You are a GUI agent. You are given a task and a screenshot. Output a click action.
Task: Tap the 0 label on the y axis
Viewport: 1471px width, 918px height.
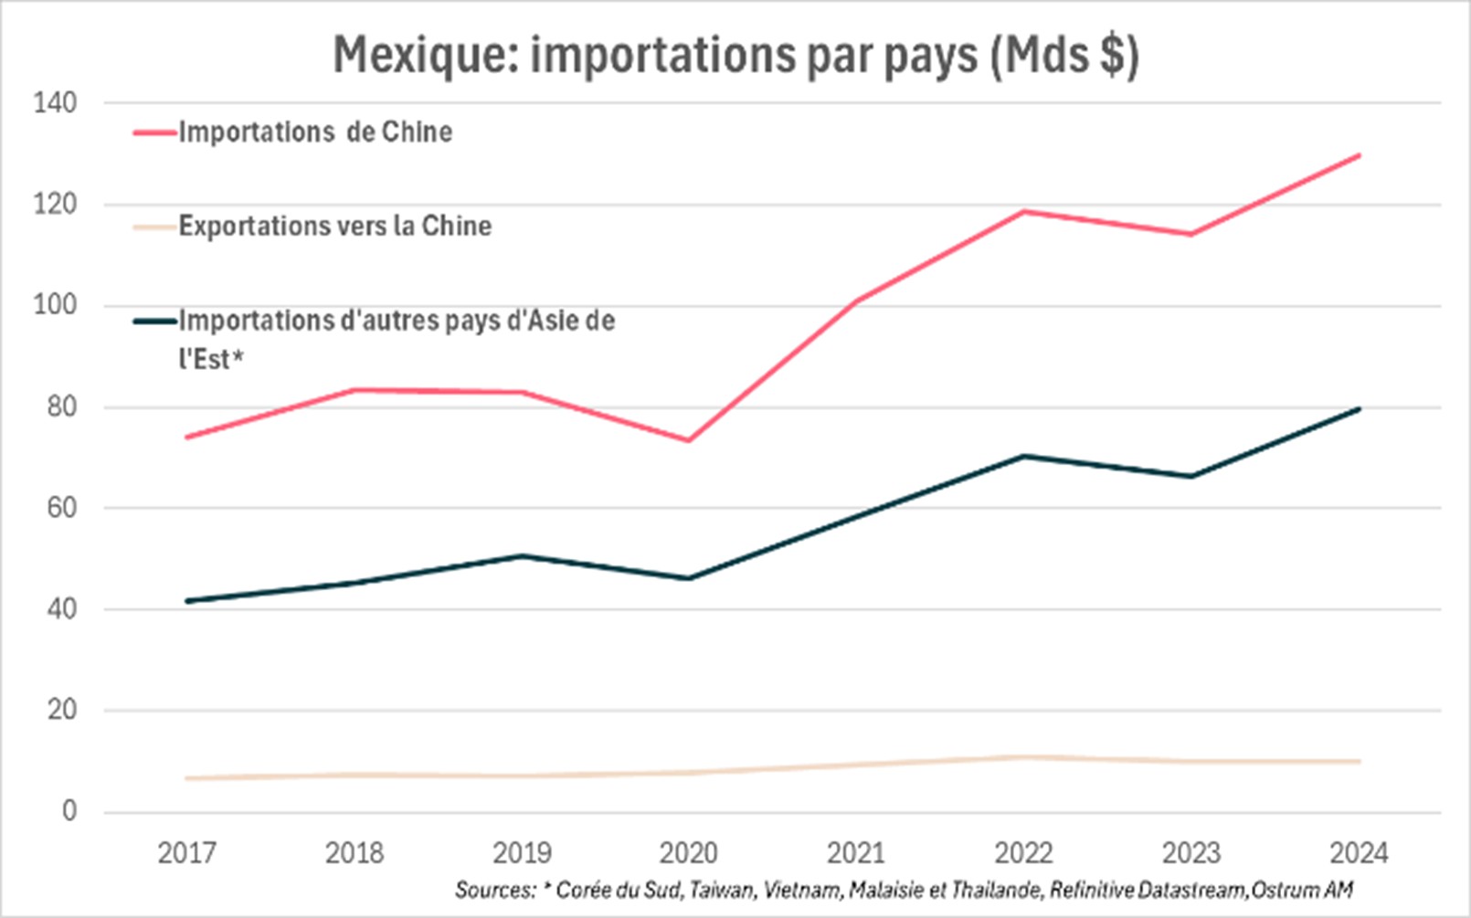tap(69, 811)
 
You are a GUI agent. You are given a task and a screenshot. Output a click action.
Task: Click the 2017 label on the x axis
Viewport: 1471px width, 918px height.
tap(186, 854)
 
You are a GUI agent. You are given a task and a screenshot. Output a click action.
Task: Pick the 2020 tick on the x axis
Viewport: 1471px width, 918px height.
tap(689, 854)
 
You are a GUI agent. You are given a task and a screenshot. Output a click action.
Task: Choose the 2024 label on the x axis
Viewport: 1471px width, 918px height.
tap(1359, 854)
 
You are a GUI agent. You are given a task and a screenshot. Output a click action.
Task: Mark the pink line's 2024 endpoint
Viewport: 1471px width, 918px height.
tap(1360, 155)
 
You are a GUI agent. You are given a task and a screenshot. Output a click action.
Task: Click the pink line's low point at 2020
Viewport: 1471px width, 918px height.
tap(689, 440)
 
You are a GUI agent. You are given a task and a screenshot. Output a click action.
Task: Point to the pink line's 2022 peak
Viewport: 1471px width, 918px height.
tap(1023, 212)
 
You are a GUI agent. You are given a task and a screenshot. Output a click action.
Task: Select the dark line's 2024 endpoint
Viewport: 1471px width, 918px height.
tap(1360, 408)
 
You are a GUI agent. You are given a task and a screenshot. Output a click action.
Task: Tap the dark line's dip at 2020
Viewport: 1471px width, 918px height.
tap(689, 578)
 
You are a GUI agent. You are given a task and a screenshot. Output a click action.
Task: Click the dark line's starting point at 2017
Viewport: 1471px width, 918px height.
tap(186, 601)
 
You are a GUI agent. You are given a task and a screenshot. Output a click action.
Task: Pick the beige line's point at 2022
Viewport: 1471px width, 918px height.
tap(1023, 757)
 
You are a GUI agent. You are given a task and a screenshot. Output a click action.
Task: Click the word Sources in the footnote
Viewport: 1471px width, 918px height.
tap(494, 890)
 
